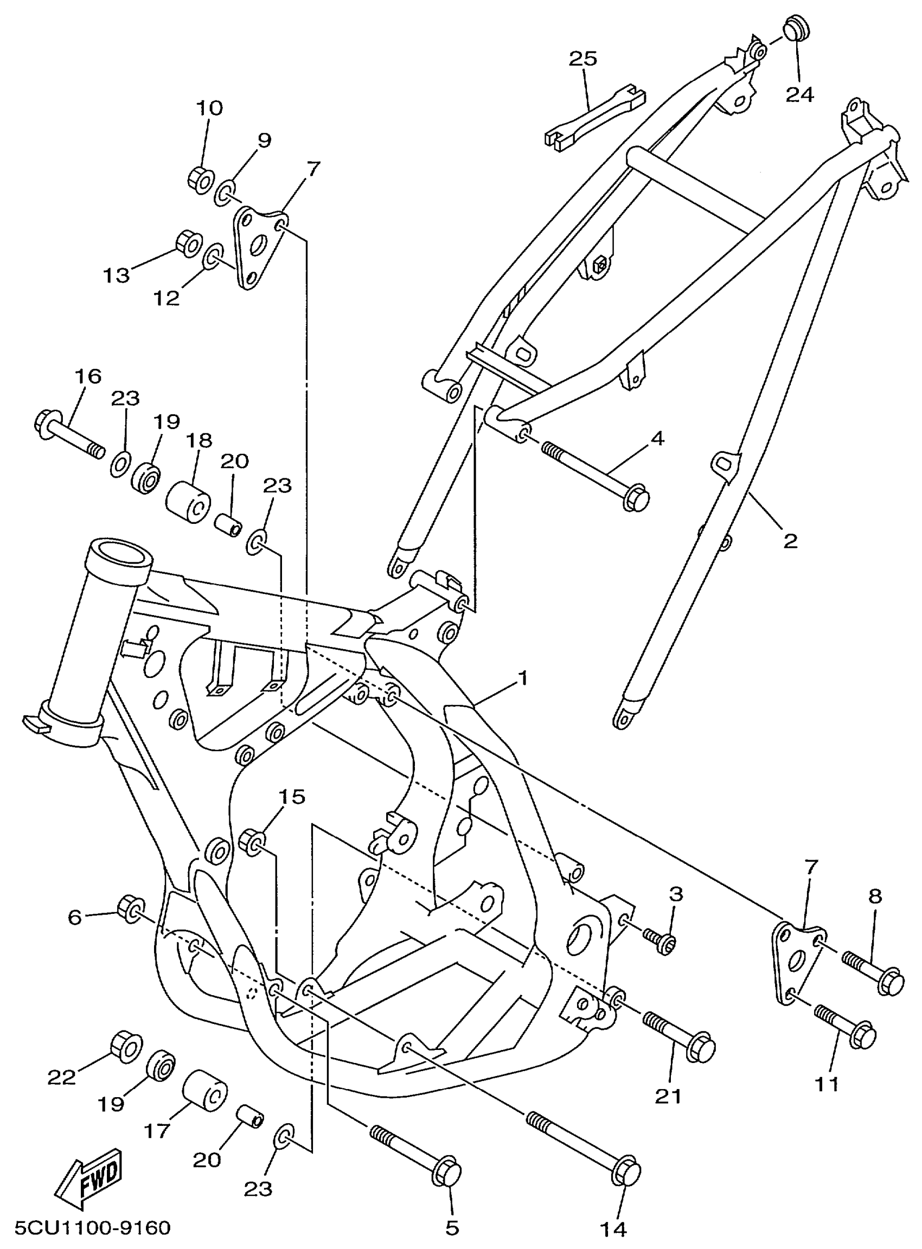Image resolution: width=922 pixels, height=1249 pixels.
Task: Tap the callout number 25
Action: point(583,59)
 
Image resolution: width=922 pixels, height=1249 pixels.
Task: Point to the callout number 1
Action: point(522,678)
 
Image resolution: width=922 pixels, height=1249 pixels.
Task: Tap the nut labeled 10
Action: point(200,179)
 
